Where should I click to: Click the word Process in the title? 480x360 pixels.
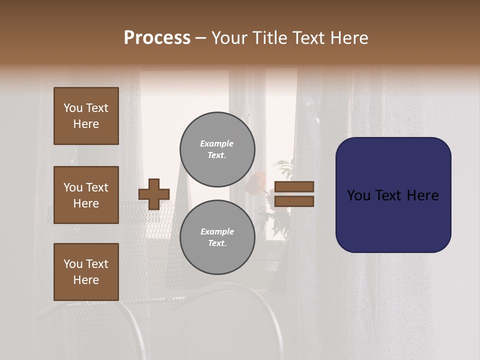click(x=157, y=38)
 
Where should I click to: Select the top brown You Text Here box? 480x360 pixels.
click(x=86, y=116)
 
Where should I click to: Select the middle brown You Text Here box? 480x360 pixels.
click(x=86, y=195)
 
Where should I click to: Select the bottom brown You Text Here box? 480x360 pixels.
click(x=86, y=272)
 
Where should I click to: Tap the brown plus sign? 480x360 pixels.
click(x=154, y=194)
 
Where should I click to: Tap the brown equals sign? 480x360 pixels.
click(x=294, y=194)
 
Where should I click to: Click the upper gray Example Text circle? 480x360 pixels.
click(x=217, y=149)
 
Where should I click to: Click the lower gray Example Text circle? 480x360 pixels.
click(x=217, y=237)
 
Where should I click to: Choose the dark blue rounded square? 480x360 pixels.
click(x=393, y=195)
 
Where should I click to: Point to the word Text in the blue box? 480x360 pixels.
click(x=394, y=195)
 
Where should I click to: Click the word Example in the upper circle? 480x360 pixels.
click(x=217, y=143)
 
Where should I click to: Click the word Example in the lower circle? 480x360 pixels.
click(x=217, y=231)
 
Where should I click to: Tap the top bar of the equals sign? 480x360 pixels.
click(x=294, y=187)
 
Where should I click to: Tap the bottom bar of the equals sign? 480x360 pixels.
click(x=294, y=201)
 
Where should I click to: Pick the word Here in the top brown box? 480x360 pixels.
click(x=86, y=124)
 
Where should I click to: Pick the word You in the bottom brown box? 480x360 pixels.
click(x=73, y=264)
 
